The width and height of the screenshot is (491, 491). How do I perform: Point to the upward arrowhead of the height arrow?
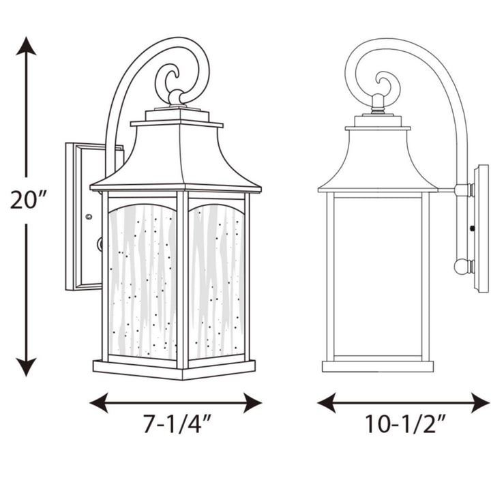[x=26, y=46]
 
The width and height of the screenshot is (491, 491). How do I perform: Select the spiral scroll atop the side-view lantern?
[x=387, y=85]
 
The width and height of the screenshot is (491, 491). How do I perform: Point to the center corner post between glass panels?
[x=182, y=280]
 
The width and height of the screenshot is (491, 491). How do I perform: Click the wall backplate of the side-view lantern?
[x=481, y=228]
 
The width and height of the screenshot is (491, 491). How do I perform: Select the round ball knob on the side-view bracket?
[x=462, y=266]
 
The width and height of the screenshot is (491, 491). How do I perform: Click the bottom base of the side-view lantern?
[x=377, y=366]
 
